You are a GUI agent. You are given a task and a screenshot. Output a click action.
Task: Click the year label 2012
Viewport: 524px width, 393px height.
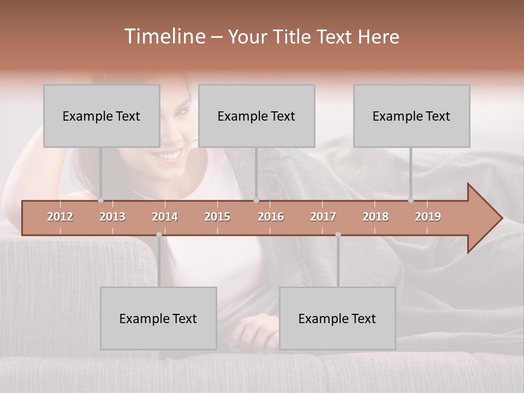tap(60, 217)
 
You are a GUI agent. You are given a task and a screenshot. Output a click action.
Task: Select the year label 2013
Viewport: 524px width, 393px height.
tap(112, 217)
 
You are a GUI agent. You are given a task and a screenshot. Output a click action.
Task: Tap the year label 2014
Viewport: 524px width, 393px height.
tap(165, 217)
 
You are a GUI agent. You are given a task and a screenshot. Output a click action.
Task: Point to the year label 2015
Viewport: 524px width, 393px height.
tap(217, 217)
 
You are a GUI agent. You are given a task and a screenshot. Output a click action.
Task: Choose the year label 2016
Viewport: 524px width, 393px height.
tap(271, 217)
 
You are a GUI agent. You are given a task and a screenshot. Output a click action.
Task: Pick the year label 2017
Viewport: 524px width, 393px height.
tap(323, 217)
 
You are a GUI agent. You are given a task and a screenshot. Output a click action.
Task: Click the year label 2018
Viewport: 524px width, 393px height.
tap(376, 217)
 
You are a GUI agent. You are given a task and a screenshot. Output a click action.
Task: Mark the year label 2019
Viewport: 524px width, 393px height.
tap(428, 217)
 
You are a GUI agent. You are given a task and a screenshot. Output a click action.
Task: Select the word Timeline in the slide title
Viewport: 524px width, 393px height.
tap(164, 37)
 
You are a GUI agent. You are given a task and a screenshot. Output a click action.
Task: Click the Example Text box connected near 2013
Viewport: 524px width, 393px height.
tap(102, 116)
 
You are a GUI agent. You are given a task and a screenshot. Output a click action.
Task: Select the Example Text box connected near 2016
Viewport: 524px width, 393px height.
tap(257, 116)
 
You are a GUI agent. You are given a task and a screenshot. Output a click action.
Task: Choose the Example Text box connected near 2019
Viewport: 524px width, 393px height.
tap(412, 116)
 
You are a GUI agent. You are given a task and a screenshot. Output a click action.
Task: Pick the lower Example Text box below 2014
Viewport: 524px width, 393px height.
tap(158, 318)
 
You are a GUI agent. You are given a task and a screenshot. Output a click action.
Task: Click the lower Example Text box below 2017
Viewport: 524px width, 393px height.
tap(337, 318)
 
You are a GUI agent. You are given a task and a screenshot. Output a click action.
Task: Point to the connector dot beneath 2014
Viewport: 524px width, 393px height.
tap(159, 235)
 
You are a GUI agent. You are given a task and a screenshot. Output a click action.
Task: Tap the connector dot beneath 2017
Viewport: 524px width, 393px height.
tap(338, 235)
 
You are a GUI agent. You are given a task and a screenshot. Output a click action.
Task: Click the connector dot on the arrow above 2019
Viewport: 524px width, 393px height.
tap(410, 200)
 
